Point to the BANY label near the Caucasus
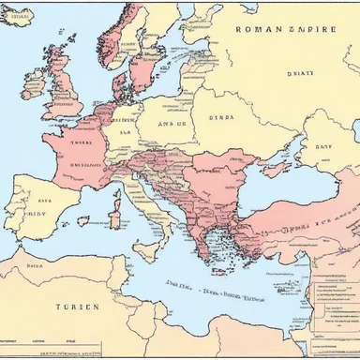coord(322,146)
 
